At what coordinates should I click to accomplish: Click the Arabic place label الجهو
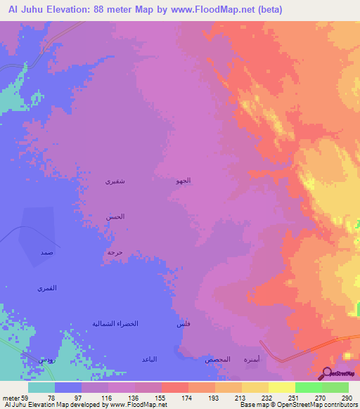click(x=183, y=181)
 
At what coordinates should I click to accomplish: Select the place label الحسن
click(x=116, y=216)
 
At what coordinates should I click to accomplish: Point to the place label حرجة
click(x=115, y=251)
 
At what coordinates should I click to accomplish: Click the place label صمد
click(x=46, y=252)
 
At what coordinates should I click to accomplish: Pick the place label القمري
click(x=46, y=288)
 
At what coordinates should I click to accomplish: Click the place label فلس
click(x=182, y=324)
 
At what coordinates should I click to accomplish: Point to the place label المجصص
click(x=217, y=359)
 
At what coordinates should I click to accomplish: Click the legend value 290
click(x=346, y=397)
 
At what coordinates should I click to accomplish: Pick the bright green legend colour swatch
click(x=308, y=387)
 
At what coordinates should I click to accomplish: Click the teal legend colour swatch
click(x=41, y=387)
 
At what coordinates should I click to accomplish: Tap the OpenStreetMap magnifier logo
click(x=326, y=373)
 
